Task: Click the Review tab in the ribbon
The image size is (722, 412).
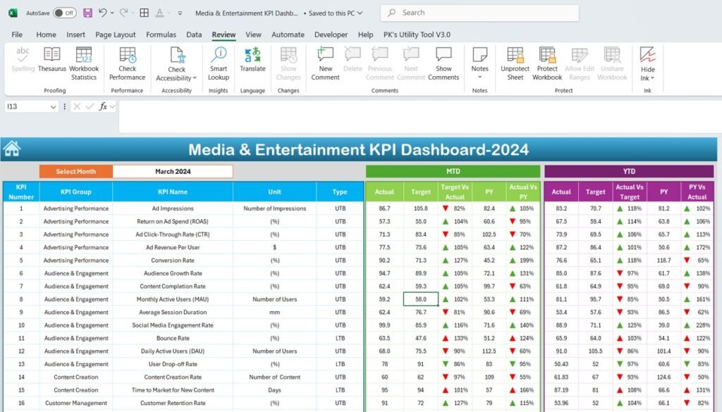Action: tap(224, 35)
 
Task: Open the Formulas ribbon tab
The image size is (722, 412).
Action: tap(161, 35)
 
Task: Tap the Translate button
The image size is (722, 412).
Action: tap(252, 60)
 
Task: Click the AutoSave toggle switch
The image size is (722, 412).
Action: tap(64, 13)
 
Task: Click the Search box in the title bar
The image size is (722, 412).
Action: tap(479, 13)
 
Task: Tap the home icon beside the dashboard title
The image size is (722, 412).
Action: tap(11, 149)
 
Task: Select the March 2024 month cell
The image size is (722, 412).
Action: tap(173, 171)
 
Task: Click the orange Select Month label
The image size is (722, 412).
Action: tap(76, 171)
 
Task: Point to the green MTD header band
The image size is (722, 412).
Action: tap(453, 171)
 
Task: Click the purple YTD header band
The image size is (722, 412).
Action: tap(629, 171)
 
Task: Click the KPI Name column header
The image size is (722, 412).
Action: tap(173, 192)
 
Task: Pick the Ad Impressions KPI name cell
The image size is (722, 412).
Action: tap(173, 208)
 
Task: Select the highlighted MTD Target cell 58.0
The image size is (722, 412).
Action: tap(421, 299)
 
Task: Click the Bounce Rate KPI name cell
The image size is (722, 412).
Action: tap(173, 338)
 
